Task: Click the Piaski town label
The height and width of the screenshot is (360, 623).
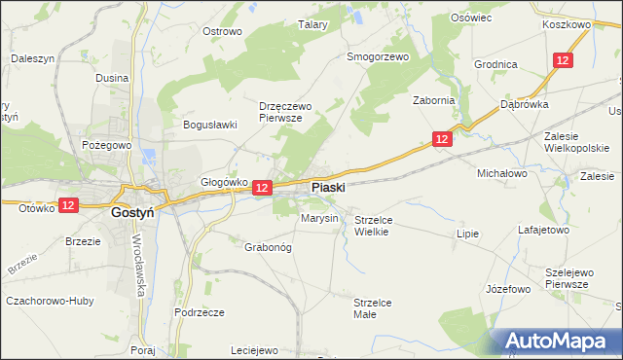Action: click(328, 187)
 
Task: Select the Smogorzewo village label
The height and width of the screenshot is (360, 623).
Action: click(379, 56)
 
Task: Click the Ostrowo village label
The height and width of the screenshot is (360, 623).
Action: click(221, 31)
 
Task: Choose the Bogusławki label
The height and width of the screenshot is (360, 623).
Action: click(210, 125)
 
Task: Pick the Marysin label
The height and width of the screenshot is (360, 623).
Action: click(319, 218)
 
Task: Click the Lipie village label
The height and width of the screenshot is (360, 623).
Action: click(468, 234)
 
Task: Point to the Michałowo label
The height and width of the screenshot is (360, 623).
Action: click(501, 173)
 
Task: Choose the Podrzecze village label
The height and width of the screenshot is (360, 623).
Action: click(200, 312)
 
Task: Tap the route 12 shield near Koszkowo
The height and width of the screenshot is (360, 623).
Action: click(563, 60)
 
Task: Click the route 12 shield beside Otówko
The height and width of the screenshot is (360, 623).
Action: click(67, 205)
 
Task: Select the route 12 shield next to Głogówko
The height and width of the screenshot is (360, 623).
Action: click(262, 187)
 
